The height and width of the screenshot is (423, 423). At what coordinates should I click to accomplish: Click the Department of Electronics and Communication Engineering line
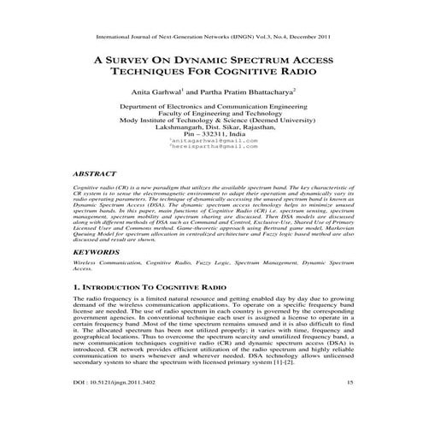click(213, 107)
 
